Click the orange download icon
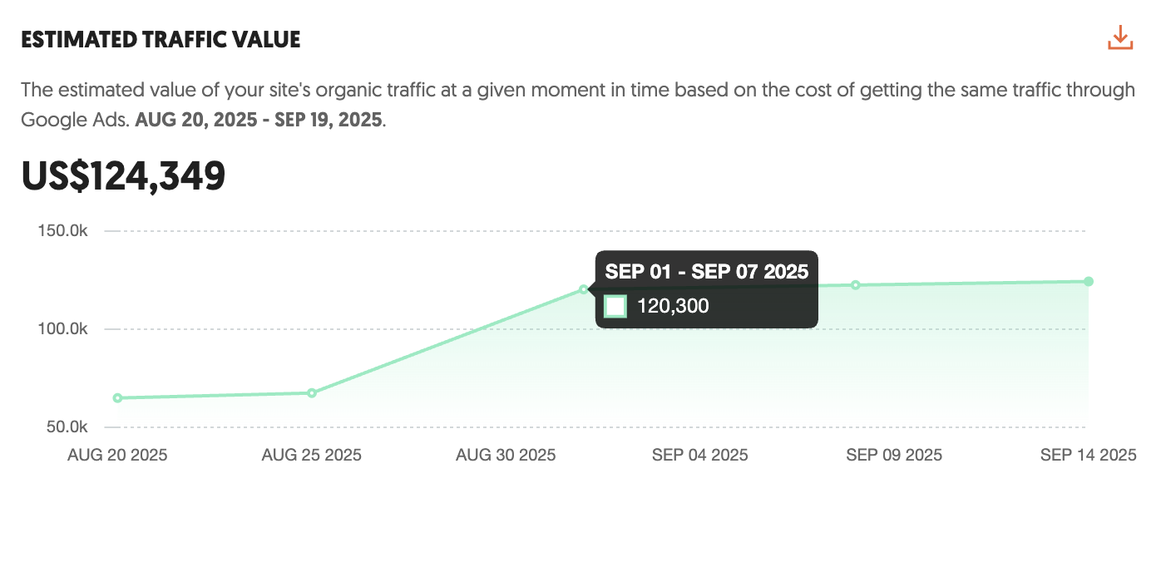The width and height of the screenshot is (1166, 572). pyautogui.click(x=1120, y=38)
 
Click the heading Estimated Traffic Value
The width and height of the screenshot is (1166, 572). pyautogui.click(x=161, y=39)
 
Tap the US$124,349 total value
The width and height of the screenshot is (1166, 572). pyautogui.click(x=123, y=176)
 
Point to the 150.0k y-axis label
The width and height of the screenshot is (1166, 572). pyautogui.click(x=63, y=231)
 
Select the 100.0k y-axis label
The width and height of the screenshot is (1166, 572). pyautogui.click(x=63, y=329)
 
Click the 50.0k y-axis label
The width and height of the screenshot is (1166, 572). pyautogui.click(x=67, y=427)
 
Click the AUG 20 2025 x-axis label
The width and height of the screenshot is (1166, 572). pyautogui.click(x=117, y=455)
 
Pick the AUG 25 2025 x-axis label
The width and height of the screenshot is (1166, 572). pyautogui.click(x=312, y=455)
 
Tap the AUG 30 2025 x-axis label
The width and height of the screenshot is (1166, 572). pyautogui.click(x=506, y=455)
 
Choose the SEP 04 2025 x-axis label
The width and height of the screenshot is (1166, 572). pyautogui.click(x=700, y=455)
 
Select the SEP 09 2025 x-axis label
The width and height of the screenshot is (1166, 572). pyautogui.click(x=894, y=455)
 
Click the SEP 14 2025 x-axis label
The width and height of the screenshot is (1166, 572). pyautogui.click(x=1088, y=455)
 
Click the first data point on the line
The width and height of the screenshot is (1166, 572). pyautogui.click(x=117, y=398)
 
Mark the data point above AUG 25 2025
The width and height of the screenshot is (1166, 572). pyautogui.click(x=312, y=392)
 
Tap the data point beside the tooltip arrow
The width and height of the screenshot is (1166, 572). pyautogui.click(x=583, y=289)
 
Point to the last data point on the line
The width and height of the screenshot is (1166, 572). pyautogui.click(x=1089, y=282)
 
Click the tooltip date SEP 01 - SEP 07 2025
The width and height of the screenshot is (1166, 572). pyautogui.click(x=707, y=271)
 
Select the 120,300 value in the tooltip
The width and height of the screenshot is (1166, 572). pyautogui.click(x=673, y=306)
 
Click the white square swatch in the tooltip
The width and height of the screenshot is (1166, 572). pyautogui.click(x=615, y=306)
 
